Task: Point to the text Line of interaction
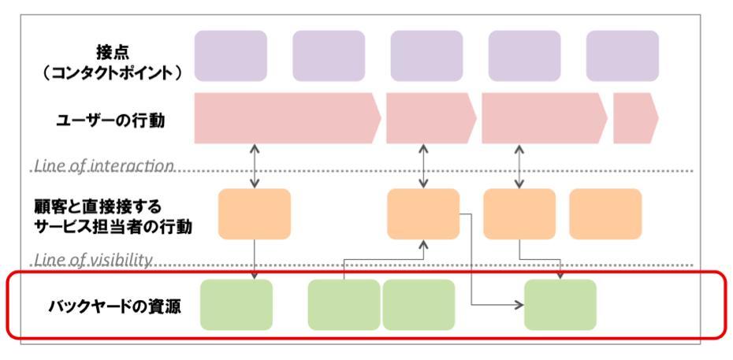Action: point(103,166)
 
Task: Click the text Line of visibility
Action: point(93,259)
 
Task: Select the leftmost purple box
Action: point(231,56)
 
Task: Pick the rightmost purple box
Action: point(622,56)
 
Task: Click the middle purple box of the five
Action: point(426,56)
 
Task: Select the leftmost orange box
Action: point(255,214)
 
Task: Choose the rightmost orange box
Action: point(605,214)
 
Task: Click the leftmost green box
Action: point(236,305)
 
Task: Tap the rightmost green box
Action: point(560,305)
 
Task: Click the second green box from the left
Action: point(344,305)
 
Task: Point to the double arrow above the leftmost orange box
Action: point(255,166)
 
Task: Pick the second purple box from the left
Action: point(329,56)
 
